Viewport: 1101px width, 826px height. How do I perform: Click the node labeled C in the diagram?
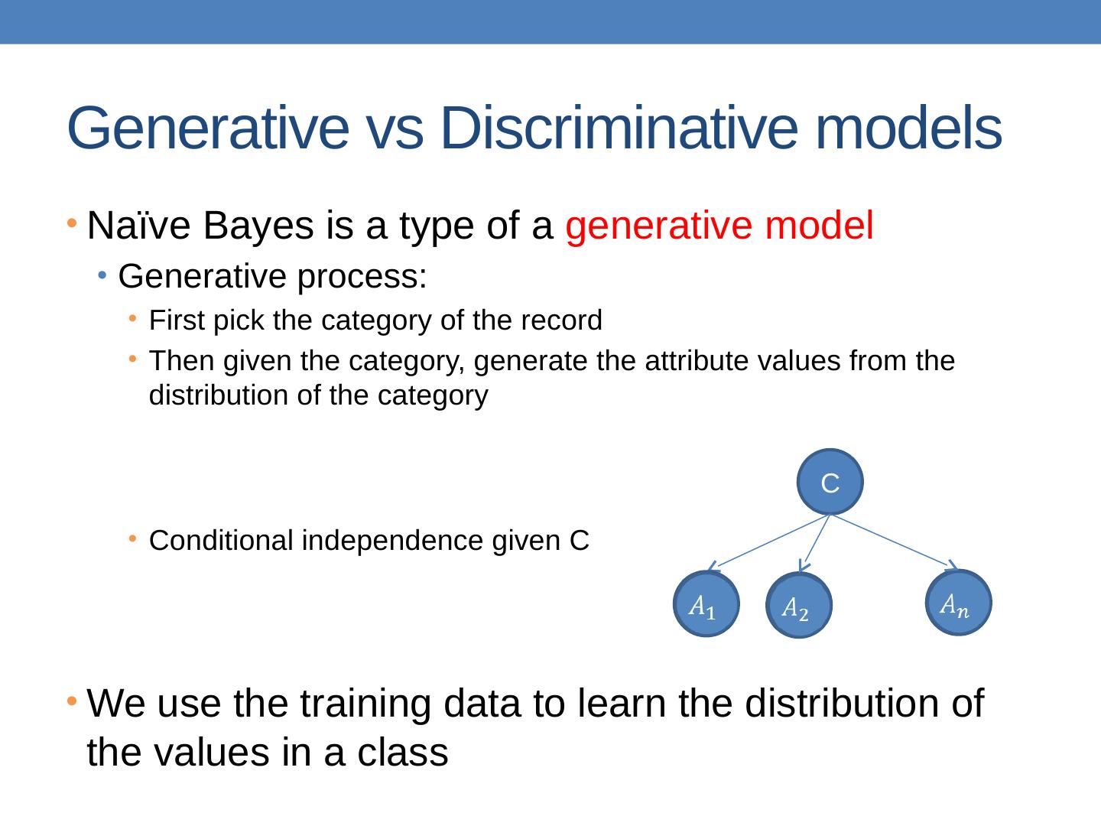pos(830,482)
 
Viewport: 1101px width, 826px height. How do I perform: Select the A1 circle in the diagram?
pos(706,604)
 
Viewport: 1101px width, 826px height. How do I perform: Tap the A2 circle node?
pos(799,605)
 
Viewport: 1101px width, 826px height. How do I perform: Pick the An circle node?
pos(959,603)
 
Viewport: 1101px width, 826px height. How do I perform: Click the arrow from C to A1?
pos(769,543)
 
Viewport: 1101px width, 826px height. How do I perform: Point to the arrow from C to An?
pos(895,541)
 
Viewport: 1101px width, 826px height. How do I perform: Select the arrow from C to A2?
pos(815,543)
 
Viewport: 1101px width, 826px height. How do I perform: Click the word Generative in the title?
pos(208,128)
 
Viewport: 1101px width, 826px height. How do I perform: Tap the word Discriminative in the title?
pos(619,128)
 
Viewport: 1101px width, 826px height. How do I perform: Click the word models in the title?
pos(909,128)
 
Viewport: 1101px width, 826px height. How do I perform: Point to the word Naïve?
pos(138,226)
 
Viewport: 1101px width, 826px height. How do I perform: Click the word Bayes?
pos(258,226)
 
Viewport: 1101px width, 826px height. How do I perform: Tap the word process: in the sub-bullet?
pos(362,278)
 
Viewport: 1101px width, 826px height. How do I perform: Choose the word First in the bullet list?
pos(177,320)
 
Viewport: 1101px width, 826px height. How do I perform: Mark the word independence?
pos(392,541)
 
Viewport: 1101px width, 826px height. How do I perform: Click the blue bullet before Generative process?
pos(102,275)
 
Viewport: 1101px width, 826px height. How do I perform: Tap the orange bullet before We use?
pos(72,701)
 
